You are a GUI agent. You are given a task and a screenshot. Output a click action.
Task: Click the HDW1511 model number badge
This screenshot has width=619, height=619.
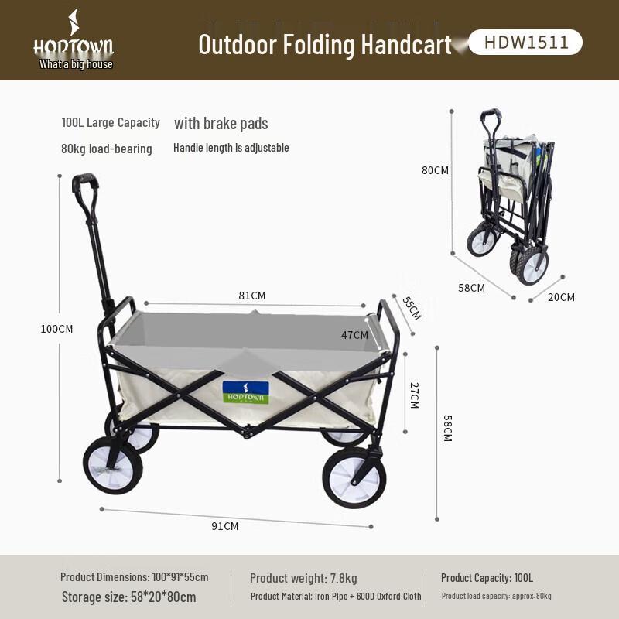526,43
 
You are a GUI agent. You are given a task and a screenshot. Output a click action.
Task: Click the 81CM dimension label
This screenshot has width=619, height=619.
252,296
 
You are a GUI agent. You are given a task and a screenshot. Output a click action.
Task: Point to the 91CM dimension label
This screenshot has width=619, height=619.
225,526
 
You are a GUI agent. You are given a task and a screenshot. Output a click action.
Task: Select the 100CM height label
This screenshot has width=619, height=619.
56,329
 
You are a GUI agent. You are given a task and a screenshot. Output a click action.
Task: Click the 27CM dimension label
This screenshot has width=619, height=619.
413,395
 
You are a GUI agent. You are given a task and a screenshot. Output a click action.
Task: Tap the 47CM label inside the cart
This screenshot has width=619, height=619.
354,335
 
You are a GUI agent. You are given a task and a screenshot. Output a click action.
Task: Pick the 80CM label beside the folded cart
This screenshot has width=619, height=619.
435,170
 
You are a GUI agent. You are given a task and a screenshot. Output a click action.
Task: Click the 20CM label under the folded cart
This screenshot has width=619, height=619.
562,297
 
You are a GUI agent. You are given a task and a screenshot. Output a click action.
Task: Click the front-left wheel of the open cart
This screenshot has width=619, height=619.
112,465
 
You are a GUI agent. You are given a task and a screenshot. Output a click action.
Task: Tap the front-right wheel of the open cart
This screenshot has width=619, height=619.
354,477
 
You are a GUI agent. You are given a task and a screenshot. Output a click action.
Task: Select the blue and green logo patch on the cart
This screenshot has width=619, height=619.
245,392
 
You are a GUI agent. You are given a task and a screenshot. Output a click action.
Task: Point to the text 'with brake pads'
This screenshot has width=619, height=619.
221,124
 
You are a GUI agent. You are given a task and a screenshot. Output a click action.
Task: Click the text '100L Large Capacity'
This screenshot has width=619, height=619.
111,122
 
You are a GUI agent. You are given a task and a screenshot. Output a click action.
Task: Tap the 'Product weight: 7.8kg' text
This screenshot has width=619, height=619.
303,578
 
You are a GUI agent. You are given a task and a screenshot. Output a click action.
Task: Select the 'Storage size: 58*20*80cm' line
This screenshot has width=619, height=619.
128,597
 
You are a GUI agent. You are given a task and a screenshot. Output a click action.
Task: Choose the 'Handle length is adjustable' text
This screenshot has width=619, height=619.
231,148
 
